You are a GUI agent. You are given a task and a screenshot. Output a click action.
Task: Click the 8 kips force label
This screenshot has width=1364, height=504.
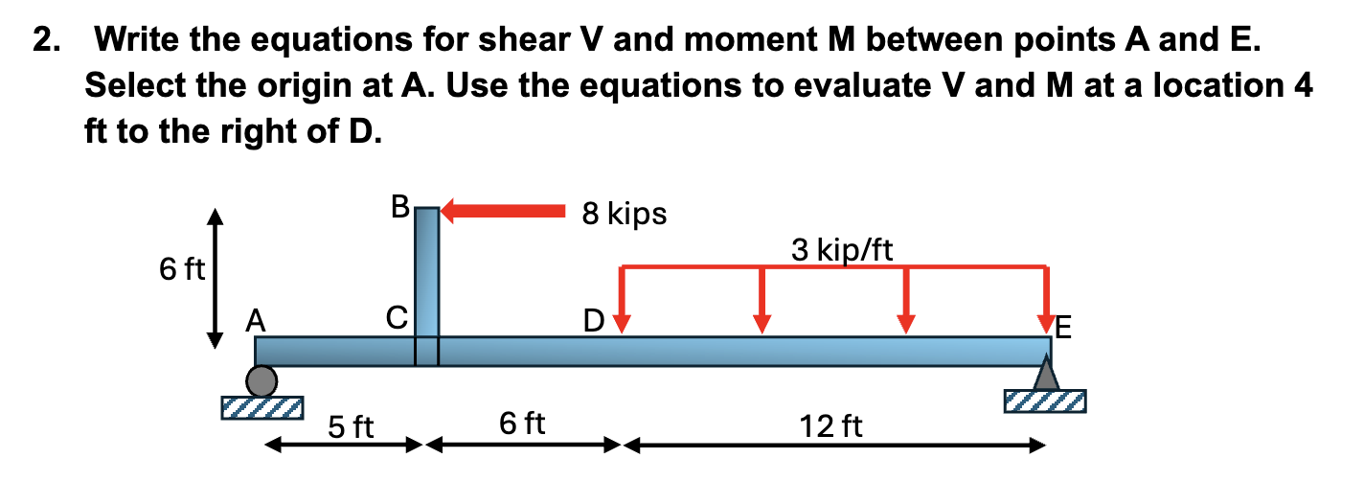[624, 213]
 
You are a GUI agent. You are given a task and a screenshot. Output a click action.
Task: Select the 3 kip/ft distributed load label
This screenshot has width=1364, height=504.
[842, 250]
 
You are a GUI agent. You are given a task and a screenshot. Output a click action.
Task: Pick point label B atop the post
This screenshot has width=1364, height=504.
[401, 205]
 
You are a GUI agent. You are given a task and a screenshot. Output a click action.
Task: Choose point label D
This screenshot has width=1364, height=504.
[594, 319]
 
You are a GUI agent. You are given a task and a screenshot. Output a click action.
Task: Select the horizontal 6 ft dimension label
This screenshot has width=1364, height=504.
[523, 422]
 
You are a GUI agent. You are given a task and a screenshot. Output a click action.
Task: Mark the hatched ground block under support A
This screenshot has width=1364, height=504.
[261, 407]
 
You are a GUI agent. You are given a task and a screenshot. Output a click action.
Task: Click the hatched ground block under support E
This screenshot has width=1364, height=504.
[1045, 400]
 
